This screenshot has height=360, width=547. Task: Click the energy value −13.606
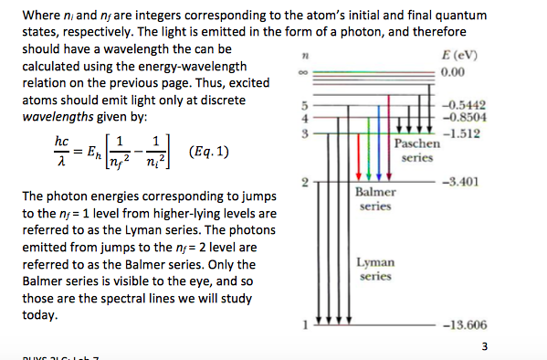click(x=465, y=324)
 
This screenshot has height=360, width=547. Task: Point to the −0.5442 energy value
click(x=464, y=105)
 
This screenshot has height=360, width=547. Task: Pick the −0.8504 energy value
click(x=464, y=117)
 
